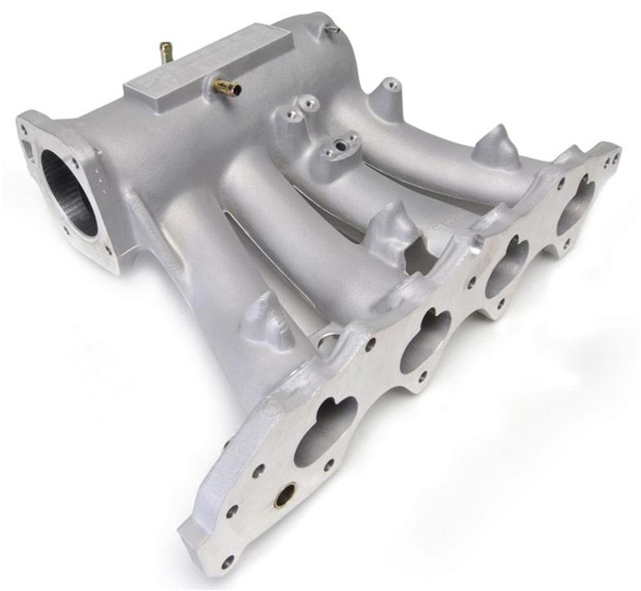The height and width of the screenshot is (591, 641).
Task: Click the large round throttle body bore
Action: [69, 193]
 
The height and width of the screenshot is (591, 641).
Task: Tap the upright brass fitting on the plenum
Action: [167, 53]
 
